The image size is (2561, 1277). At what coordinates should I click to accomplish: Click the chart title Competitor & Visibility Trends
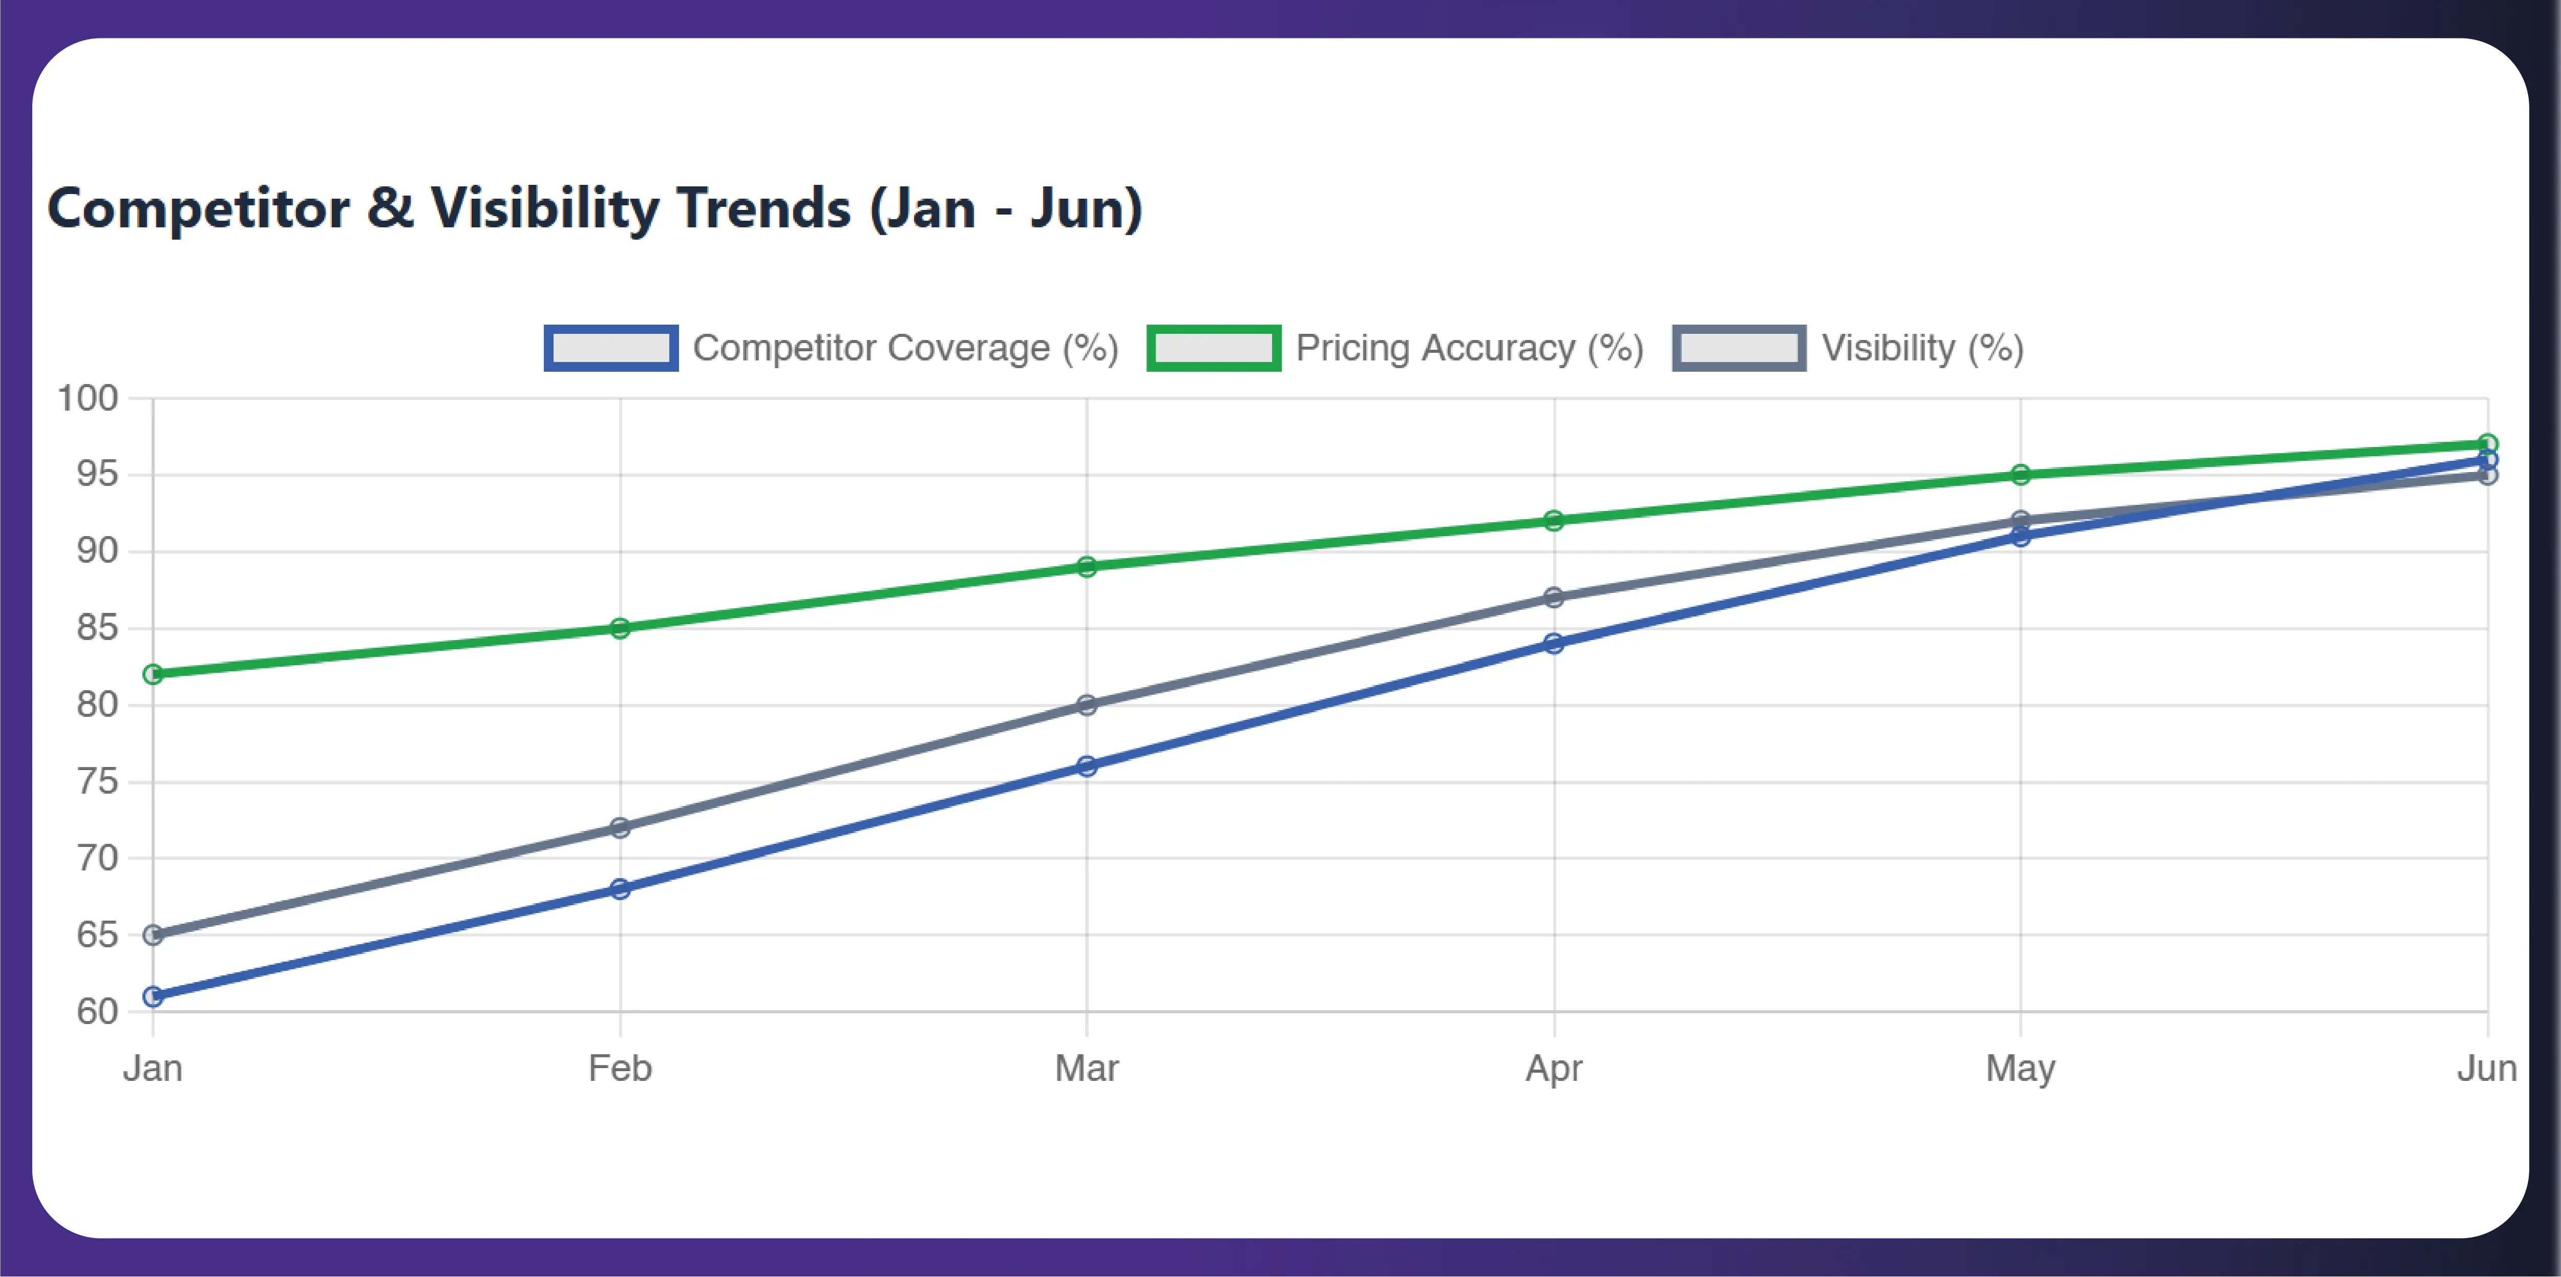595,209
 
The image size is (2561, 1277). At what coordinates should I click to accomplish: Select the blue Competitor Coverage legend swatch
610,348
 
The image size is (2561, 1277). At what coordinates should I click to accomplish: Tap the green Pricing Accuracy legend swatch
1214,348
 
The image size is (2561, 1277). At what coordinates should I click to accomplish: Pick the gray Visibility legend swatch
1739,348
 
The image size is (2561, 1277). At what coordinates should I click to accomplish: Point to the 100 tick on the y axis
88,398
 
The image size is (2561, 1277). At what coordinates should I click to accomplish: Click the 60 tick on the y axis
97,1012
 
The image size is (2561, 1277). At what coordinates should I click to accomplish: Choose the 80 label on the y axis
97,705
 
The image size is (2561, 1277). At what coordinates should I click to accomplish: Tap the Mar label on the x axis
1087,1068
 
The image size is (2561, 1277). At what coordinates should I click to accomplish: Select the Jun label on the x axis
2486,1068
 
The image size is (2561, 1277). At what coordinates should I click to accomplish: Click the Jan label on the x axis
153,1068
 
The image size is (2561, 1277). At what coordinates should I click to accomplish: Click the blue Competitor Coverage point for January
153,996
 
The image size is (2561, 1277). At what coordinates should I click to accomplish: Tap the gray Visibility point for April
1554,597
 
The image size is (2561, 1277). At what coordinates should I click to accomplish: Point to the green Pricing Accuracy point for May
2020,475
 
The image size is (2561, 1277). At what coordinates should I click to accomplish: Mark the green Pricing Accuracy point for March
1087,566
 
